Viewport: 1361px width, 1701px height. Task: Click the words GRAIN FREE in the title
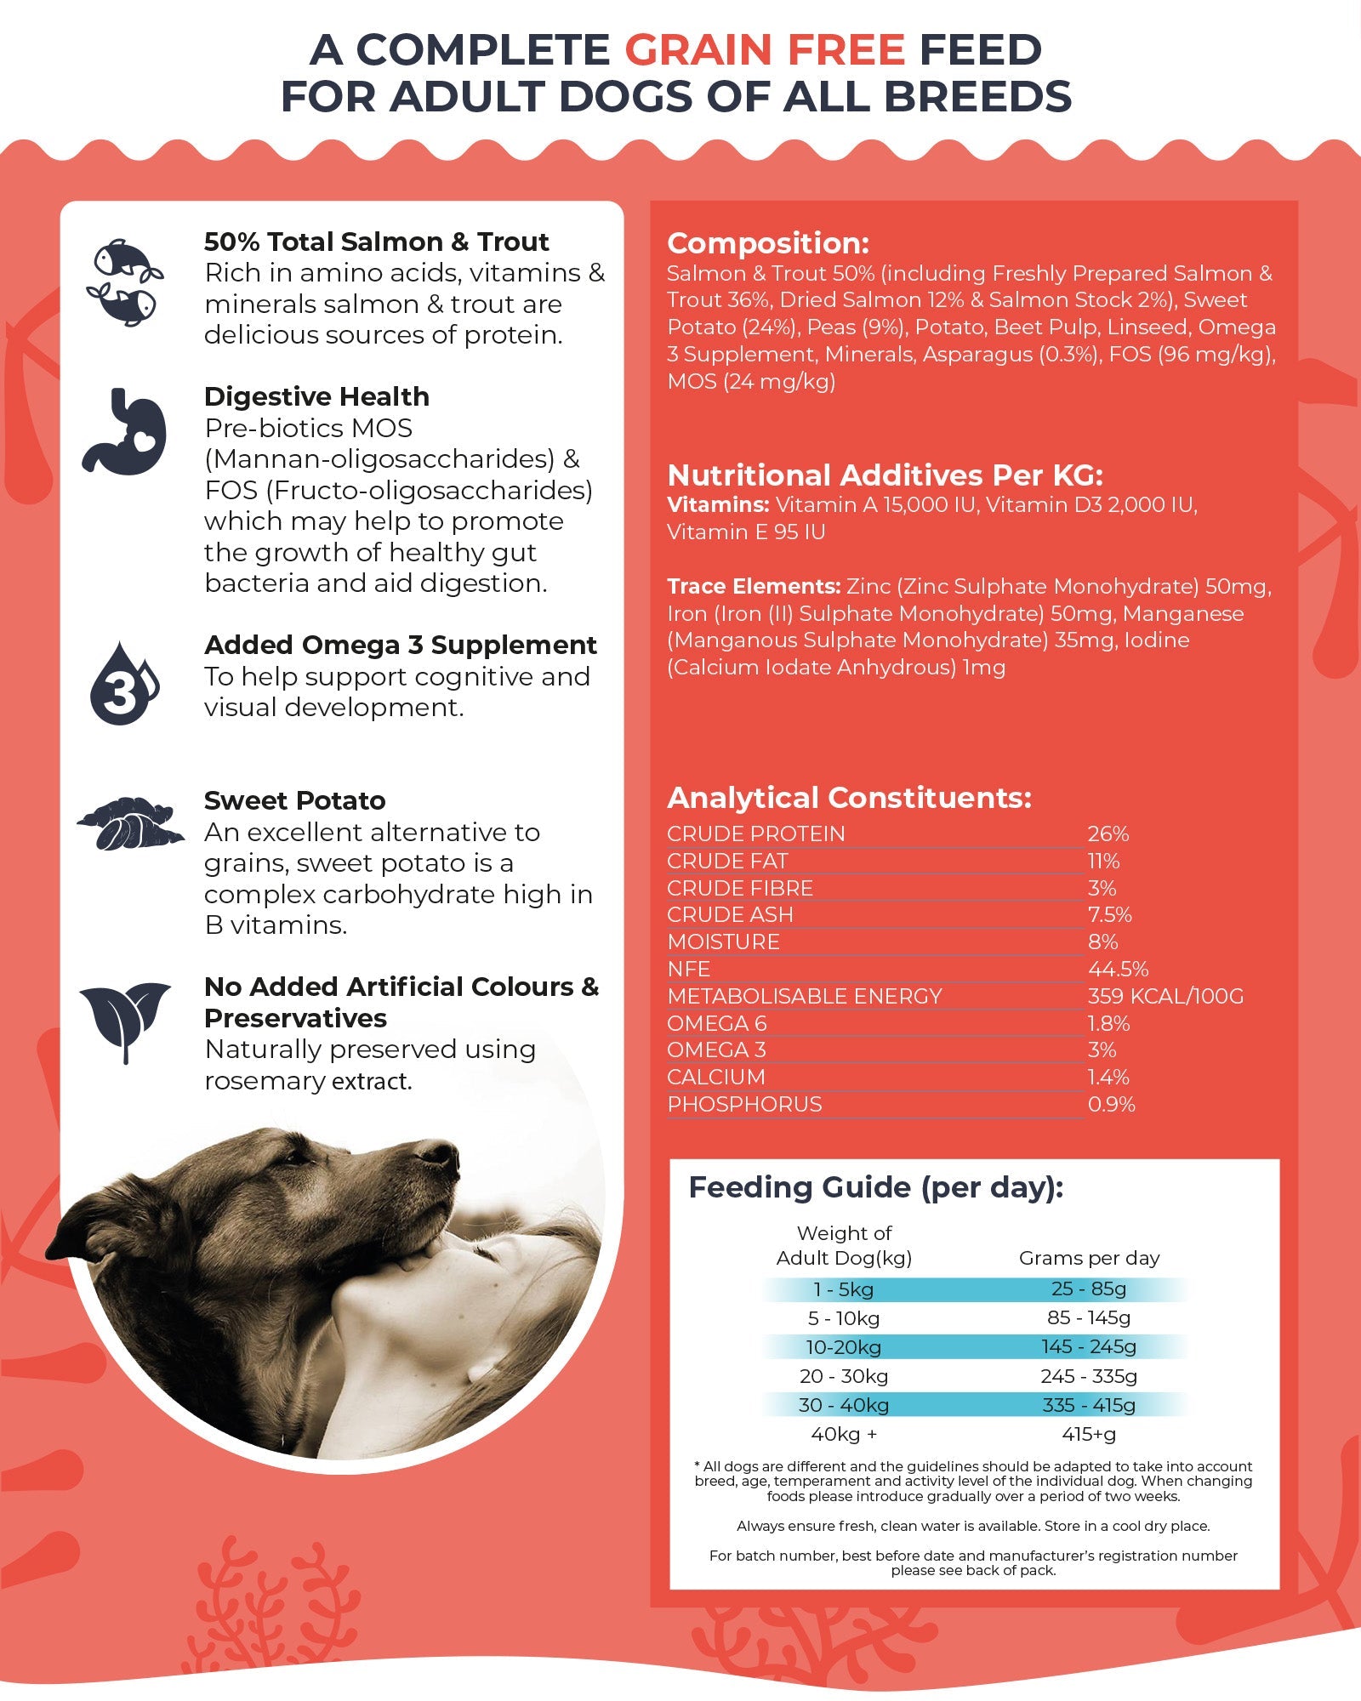pos(765,51)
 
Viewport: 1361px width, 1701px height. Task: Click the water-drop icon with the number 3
pos(123,685)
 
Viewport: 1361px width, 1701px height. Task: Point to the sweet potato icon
pos(129,823)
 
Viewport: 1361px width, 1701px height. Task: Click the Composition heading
pos(768,243)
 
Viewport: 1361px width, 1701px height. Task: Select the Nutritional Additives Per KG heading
pos(885,475)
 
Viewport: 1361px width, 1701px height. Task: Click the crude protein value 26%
pos(1108,834)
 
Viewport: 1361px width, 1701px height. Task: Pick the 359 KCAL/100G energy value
pos(1165,996)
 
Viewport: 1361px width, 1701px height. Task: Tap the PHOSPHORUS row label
pos(744,1104)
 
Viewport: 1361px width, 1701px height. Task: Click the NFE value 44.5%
pos(1118,969)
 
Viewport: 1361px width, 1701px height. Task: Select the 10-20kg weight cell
pos(843,1347)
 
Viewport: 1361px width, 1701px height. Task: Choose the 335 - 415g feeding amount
pos(1089,1405)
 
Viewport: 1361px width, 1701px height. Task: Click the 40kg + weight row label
pos(843,1434)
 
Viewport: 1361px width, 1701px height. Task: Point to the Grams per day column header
pos(1089,1258)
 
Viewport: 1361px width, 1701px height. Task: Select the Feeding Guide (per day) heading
pos(875,1187)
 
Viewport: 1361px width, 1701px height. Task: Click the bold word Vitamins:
pos(718,505)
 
